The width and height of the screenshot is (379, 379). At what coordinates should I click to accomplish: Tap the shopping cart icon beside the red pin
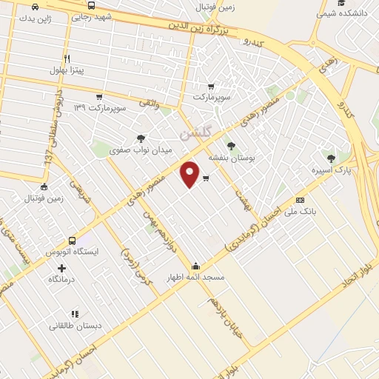(205, 178)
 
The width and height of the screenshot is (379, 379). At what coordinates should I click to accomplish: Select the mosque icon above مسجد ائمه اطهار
(196, 266)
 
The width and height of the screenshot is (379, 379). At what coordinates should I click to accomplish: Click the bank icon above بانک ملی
(300, 200)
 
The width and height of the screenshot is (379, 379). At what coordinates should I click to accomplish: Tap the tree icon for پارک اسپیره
(331, 158)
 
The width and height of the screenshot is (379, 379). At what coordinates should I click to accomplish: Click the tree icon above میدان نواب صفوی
(141, 138)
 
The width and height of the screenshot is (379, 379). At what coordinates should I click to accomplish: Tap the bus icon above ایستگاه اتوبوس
(72, 241)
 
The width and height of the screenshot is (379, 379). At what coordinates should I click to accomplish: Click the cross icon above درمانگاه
(61, 267)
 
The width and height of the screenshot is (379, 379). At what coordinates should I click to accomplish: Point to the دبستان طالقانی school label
(76, 326)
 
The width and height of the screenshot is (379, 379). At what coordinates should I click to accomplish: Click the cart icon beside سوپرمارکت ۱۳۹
(98, 97)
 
